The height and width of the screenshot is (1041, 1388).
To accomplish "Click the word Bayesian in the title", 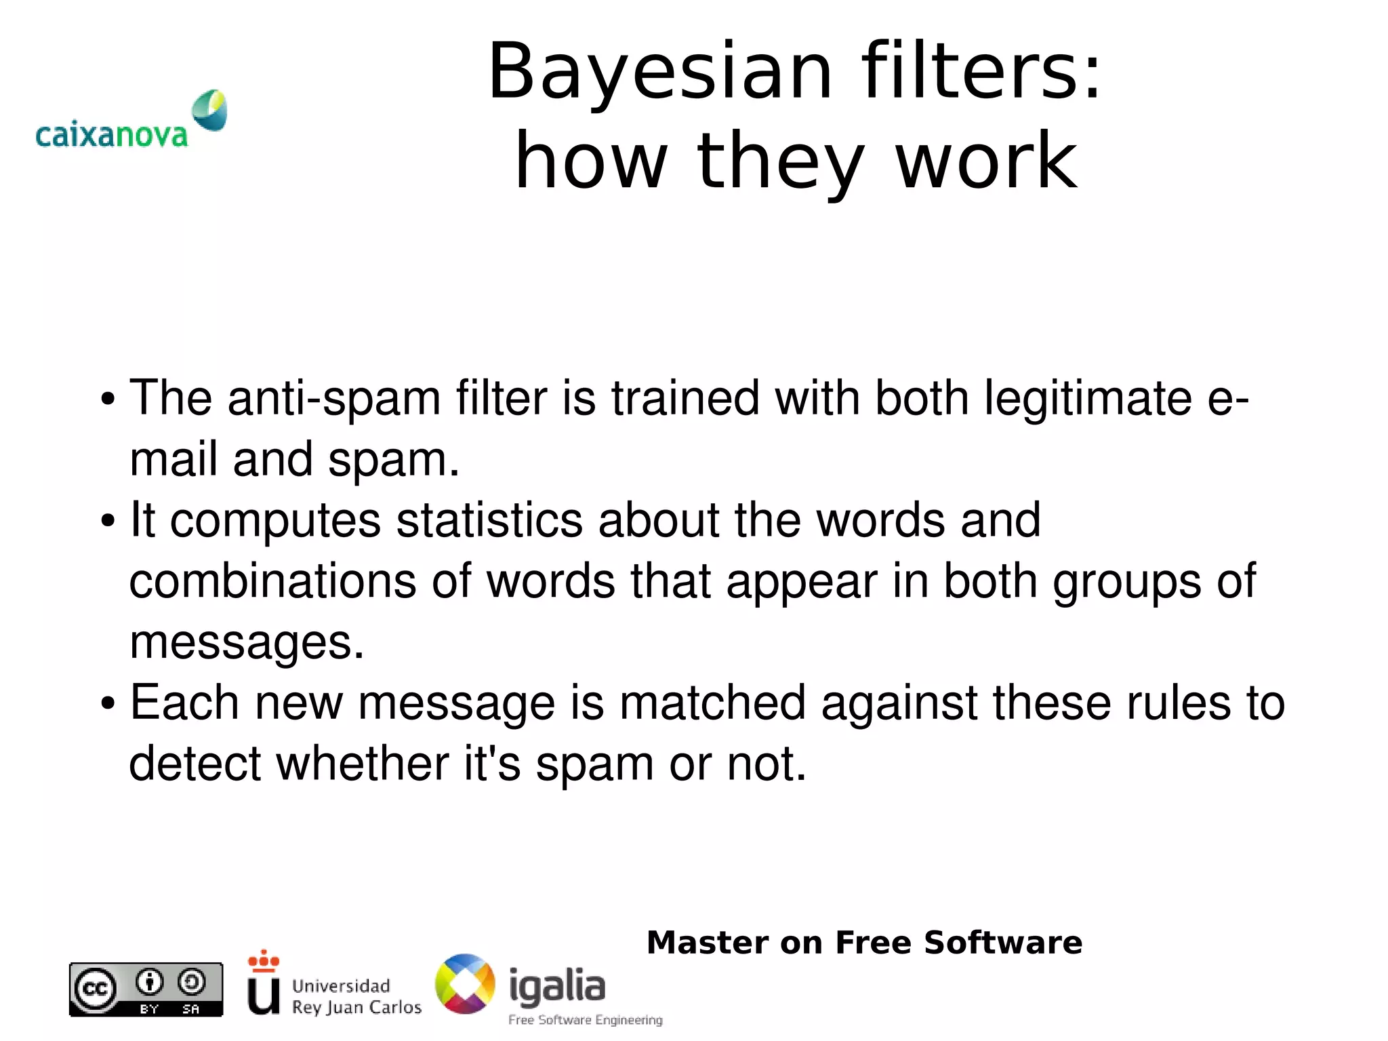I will click(659, 72).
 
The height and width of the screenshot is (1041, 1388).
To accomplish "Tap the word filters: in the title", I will click(981, 71).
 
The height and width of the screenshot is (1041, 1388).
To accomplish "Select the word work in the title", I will click(986, 161).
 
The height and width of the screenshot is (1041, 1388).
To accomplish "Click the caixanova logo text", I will click(111, 135).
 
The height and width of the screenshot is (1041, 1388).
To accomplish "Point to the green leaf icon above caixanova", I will click(209, 110).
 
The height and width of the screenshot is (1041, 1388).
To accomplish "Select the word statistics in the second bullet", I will click(489, 520).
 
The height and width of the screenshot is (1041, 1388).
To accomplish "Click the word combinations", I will click(272, 581).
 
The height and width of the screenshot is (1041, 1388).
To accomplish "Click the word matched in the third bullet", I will click(712, 703).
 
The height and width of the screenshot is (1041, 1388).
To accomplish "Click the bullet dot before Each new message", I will click(108, 704).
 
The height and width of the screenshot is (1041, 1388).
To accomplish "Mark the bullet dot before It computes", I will click(108, 522).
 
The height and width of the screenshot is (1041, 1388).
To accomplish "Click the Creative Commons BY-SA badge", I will click(146, 989).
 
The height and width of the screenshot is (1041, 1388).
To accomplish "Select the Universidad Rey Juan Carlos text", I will click(356, 996).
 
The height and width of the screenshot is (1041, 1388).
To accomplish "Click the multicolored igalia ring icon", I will click(465, 984).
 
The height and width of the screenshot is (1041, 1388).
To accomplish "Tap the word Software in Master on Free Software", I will click(1002, 943).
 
